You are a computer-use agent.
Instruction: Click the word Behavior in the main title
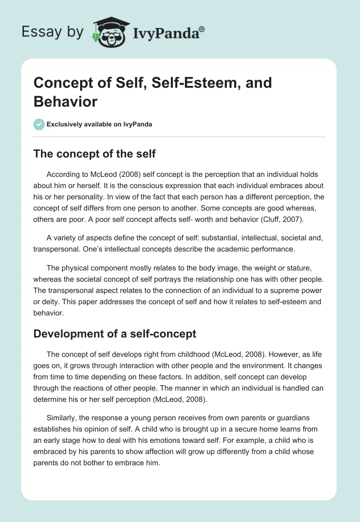(65, 101)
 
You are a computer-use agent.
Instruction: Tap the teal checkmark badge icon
(39, 124)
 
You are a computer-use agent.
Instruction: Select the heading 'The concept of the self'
(94, 153)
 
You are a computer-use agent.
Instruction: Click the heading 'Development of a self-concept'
(115, 333)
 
